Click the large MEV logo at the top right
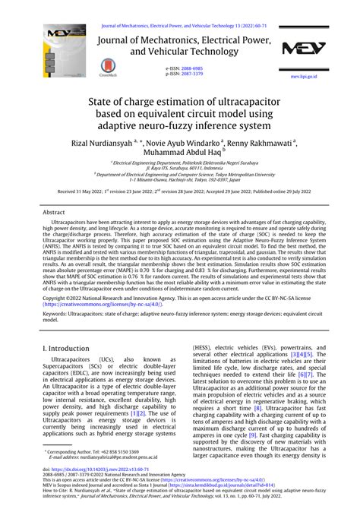tap(304, 48)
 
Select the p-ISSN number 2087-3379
tap(191, 74)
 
